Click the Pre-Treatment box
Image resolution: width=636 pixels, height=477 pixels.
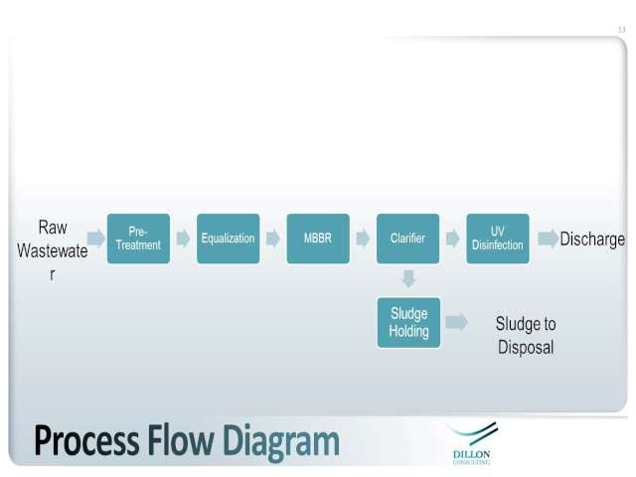[x=138, y=238]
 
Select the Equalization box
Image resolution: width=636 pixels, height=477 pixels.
[x=228, y=238]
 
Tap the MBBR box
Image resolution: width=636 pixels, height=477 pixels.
[x=318, y=238]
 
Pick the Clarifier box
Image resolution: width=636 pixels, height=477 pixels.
[x=407, y=238]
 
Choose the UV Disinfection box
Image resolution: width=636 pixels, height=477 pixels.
[x=498, y=238]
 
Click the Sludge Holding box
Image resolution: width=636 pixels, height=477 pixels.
[x=408, y=322]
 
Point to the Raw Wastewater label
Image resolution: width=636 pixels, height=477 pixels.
[x=53, y=250]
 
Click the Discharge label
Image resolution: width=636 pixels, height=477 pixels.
[x=592, y=238]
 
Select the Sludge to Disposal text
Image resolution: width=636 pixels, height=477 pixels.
[x=526, y=336]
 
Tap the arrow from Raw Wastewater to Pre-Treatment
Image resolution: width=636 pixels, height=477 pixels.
[x=96, y=238]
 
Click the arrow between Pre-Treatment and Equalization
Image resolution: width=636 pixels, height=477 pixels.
[x=183, y=238]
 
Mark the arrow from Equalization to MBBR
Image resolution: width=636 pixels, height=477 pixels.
[x=273, y=238]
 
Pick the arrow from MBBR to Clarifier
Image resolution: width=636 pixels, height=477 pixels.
[x=363, y=238]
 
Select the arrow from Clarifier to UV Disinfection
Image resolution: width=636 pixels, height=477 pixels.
[x=453, y=238]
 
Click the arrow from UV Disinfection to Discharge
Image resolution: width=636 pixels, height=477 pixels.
[x=548, y=238]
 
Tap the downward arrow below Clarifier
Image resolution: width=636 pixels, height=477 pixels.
[x=408, y=279]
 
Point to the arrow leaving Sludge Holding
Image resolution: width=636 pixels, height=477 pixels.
[x=456, y=322]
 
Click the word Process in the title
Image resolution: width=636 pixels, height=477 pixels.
[x=86, y=441]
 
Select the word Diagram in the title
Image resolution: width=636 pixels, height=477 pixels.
[x=280, y=442]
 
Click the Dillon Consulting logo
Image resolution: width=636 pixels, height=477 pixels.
[x=472, y=443]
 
